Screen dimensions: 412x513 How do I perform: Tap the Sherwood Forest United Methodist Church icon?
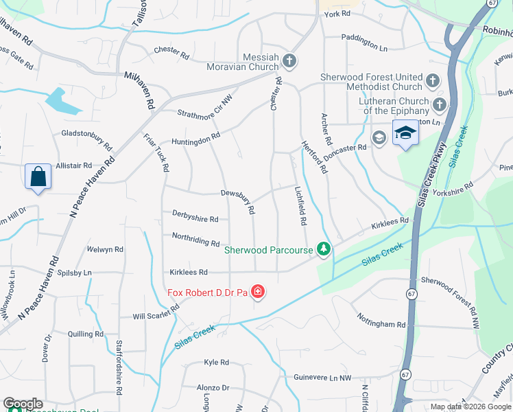click(x=433, y=81)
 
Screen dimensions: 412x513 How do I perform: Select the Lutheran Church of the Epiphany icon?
click(x=440, y=104)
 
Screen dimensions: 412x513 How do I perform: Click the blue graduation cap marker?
click(x=405, y=133)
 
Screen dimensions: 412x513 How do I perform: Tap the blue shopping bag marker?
click(x=38, y=176)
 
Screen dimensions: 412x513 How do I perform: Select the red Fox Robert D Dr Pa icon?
click(x=258, y=293)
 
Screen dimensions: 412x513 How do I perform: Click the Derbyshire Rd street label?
click(x=195, y=219)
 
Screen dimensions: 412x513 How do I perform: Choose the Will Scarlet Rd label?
click(x=156, y=313)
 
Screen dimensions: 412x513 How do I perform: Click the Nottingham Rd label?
click(x=381, y=320)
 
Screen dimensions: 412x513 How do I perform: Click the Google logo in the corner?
click(x=23, y=404)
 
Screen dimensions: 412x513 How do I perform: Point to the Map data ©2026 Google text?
click(x=470, y=407)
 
